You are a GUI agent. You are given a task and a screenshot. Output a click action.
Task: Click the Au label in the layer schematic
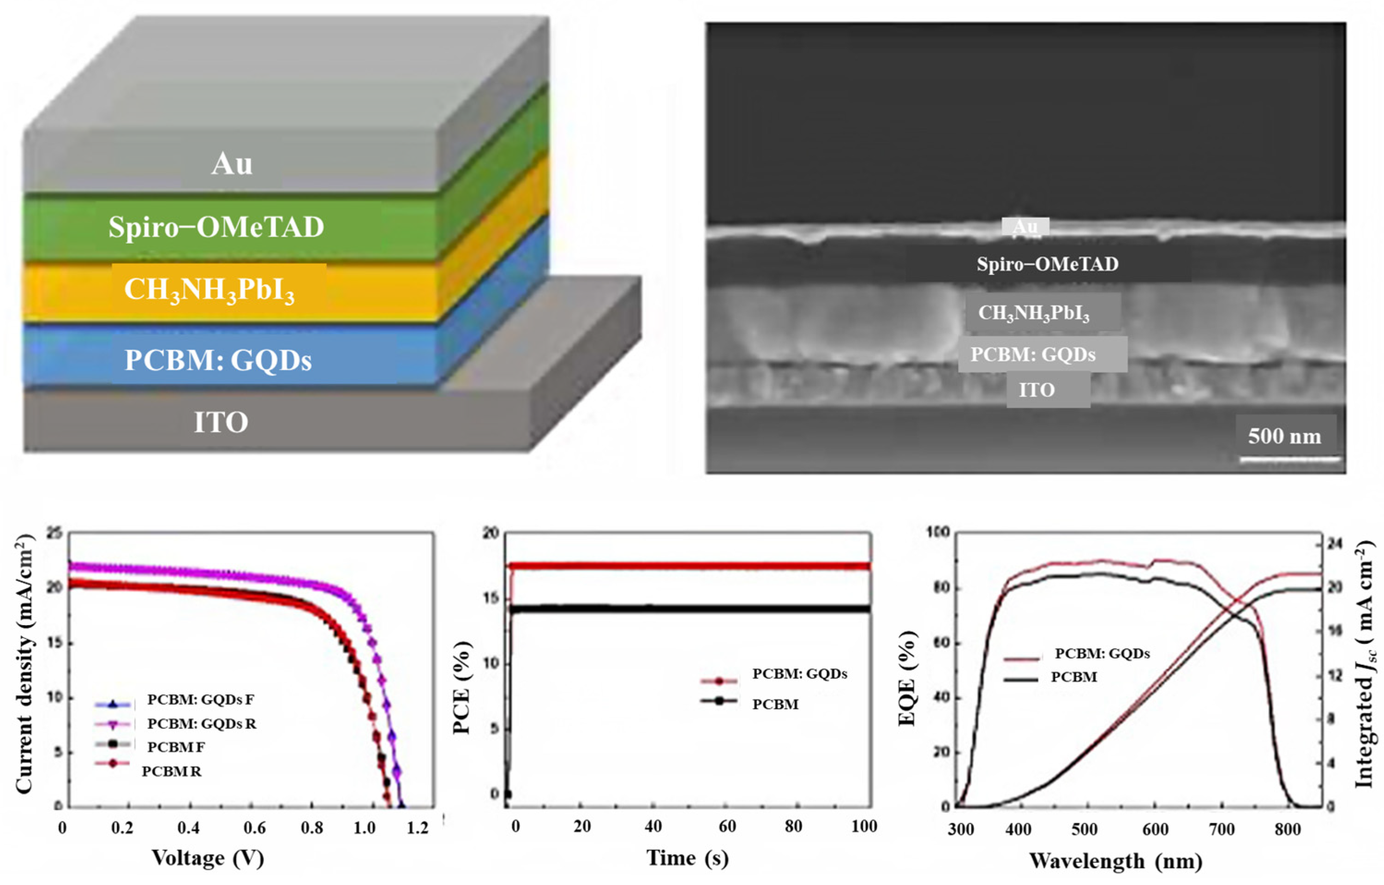[232, 164]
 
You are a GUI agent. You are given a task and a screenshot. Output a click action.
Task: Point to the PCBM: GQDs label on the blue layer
[218, 360]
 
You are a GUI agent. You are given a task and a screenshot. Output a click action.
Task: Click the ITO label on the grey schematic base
[221, 422]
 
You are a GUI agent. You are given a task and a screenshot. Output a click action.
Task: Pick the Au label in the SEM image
[1025, 227]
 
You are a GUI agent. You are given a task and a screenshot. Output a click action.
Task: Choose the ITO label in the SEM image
[1037, 390]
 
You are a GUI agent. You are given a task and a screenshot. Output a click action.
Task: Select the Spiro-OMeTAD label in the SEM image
[1047, 264]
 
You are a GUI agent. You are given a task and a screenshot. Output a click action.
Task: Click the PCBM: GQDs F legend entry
[200, 700]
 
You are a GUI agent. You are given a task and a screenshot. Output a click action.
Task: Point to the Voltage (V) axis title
[208, 858]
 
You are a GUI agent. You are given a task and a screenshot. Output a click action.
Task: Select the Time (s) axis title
[688, 858]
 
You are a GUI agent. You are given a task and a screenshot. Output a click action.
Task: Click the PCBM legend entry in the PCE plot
[775, 705]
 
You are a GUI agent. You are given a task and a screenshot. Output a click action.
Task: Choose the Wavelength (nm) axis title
[1115, 861]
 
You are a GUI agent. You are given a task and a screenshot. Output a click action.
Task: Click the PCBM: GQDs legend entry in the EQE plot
[1102, 654]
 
